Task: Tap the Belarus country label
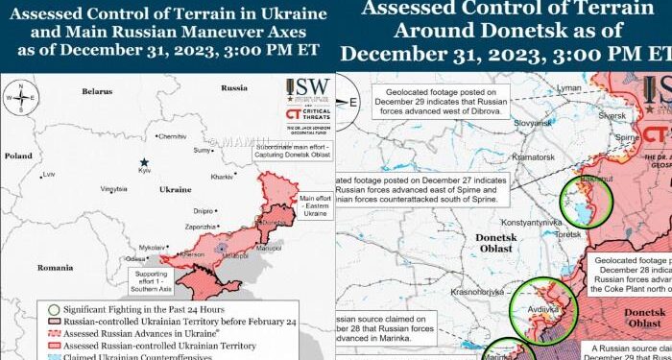tap(97, 91)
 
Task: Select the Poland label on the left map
tap(18, 155)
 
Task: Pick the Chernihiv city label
tap(173, 136)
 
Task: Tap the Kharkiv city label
tap(222, 178)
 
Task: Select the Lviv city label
tap(48, 174)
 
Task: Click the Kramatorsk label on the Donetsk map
tap(534, 156)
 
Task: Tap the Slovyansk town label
tap(531, 124)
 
